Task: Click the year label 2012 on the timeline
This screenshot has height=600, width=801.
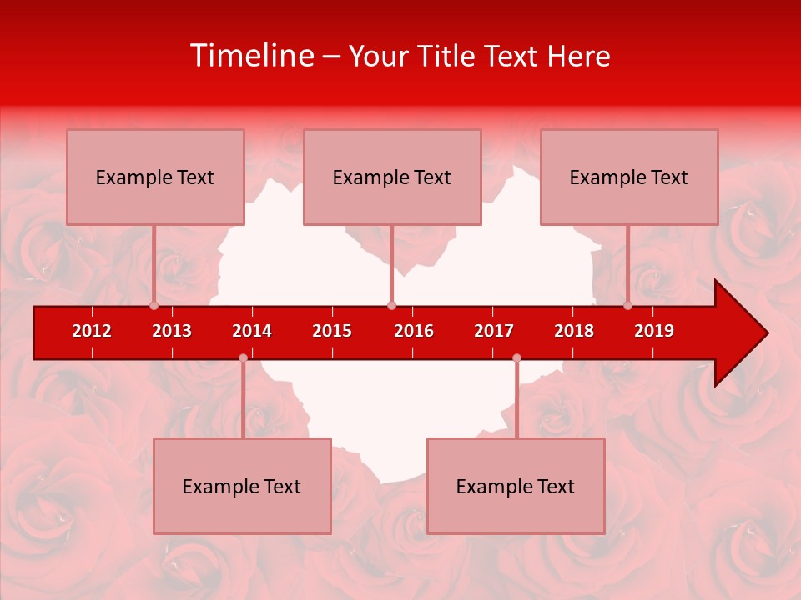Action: (x=92, y=331)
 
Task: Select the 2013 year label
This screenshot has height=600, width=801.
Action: (x=172, y=331)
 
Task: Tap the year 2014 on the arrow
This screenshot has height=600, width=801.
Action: (x=252, y=331)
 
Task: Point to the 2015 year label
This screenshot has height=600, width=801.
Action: (x=332, y=331)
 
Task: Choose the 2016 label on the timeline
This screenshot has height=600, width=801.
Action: (x=414, y=331)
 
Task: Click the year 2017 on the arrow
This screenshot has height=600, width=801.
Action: (x=494, y=331)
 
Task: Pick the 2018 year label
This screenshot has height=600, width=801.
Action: (x=574, y=331)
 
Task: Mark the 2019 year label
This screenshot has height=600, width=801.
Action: (x=654, y=331)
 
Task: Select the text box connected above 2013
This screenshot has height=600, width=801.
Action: (x=155, y=177)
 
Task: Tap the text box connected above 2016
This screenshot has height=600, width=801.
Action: (x=392, y=177)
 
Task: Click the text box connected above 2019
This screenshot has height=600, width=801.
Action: (x=629, y=177)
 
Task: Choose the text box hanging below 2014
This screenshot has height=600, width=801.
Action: (x=242, y=486)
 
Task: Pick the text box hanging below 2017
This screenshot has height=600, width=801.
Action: (x=516, y=486)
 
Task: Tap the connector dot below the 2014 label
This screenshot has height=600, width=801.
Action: (x=243, y=358)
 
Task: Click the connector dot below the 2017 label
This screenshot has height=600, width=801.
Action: (x=516, y=358)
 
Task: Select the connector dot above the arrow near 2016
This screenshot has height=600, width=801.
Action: (x=391, y=306)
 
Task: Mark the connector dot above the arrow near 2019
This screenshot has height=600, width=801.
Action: (x=627, y=306)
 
